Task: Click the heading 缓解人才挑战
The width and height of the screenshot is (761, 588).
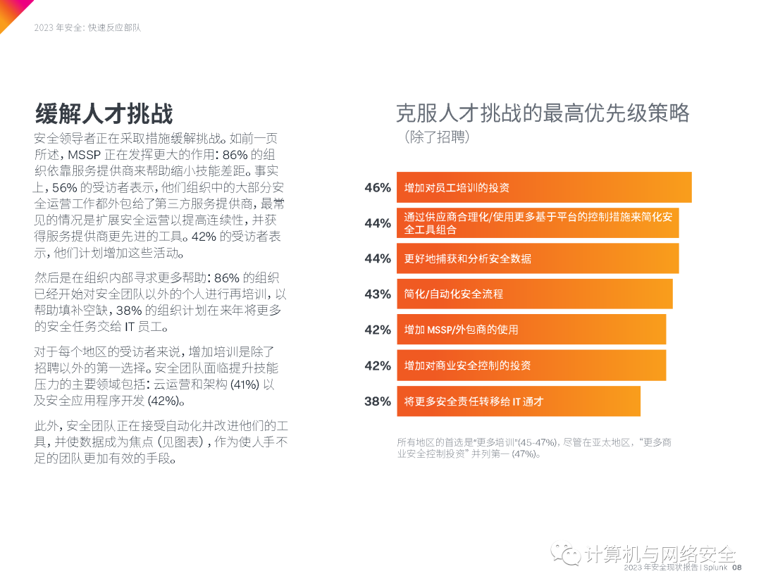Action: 104,113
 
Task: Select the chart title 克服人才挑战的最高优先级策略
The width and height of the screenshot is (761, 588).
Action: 543,113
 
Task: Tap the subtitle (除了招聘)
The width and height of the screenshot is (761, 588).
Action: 437,137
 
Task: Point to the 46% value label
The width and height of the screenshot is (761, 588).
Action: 377,188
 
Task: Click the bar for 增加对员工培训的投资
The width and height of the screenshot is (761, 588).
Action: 543,188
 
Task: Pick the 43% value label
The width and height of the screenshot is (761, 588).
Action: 377,294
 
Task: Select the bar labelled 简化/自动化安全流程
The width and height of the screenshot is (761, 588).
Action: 534,294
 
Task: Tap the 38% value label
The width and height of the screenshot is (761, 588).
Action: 377,401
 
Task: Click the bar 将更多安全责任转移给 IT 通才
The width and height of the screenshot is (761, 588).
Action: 518,401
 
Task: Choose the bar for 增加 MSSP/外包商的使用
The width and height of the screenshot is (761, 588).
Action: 531,330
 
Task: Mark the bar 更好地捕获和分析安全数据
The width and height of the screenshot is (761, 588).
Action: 537,258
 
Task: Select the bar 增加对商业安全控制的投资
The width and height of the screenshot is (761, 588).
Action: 531,365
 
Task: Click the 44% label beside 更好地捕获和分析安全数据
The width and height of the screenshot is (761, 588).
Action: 377,258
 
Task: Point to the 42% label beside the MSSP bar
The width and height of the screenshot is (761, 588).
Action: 377,330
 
